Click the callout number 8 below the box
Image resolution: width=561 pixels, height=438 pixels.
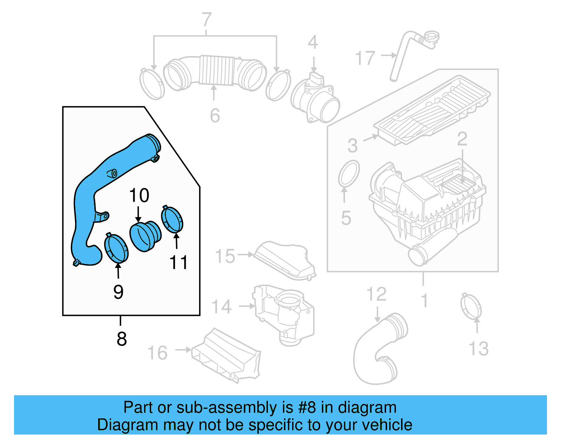121,339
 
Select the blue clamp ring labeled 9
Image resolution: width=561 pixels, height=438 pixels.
116,248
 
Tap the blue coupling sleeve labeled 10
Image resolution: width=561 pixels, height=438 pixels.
145,236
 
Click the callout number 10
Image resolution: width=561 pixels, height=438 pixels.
139,195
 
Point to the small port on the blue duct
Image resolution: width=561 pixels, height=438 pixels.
113,173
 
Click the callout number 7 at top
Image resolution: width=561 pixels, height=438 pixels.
207,20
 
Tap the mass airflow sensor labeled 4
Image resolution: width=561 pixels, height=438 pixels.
315,100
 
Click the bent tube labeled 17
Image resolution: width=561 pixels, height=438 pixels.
403,53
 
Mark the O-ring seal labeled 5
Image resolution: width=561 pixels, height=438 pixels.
349,173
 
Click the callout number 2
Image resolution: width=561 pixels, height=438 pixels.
462,139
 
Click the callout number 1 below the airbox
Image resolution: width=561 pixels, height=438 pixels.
424,301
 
